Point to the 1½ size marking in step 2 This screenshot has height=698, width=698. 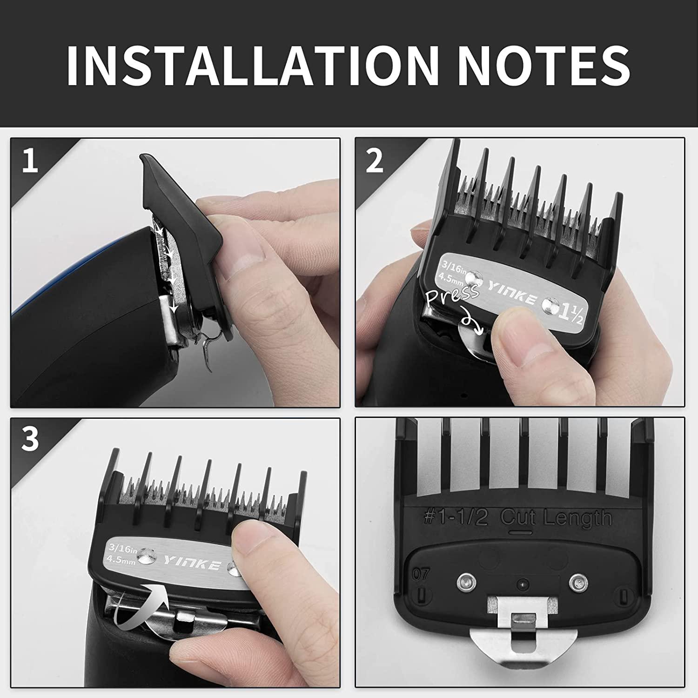pyautogui.click(x=572, y=309)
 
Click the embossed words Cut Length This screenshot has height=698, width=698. pyautogui.click(x=556, y=517)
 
